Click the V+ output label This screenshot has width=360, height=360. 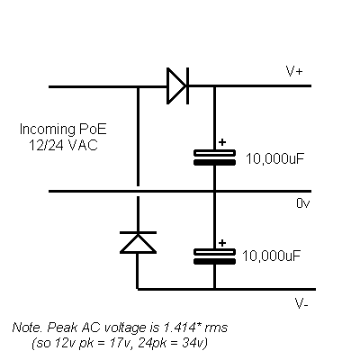294,71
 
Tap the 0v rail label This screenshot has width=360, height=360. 303,203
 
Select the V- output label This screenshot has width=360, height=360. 301,304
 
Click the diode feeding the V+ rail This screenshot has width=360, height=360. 177,86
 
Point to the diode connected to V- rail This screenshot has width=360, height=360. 138,242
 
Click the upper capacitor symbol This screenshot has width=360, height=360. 214,157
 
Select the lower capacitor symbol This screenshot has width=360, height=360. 214,256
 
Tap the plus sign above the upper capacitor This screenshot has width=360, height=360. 222,142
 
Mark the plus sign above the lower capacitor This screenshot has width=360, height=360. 222,243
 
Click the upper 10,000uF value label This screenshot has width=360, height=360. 275,158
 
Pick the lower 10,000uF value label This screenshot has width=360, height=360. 271,256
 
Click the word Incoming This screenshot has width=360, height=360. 48,130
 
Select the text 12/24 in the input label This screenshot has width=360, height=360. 46,146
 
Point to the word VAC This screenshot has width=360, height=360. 83,146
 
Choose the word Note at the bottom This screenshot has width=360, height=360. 27,328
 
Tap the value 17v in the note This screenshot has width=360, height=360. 119,343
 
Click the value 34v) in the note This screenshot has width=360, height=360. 195,343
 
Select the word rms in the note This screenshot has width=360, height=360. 216,328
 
